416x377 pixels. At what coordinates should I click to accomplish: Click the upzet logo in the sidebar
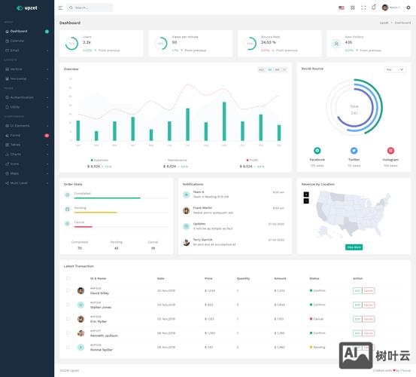[26, 8]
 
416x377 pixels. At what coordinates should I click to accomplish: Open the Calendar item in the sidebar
[17, 41]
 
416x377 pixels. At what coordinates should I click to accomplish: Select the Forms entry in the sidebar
[16, 135]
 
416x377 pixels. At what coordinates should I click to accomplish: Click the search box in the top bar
[90, 8]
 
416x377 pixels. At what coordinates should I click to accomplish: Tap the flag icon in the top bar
[342, 8]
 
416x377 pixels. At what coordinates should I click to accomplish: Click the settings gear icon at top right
[408, 8]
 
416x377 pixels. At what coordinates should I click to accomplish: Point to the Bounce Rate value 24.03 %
[268, 42]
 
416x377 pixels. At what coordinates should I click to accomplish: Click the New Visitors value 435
[348, 42]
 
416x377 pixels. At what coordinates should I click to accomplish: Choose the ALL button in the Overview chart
[261, 69]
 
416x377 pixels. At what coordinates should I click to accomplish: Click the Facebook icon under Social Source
[317, 150]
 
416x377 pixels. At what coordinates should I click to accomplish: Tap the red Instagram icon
[390, 150]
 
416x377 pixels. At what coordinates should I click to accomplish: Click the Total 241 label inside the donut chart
[354, 109]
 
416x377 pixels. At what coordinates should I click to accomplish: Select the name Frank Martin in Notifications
[202, 207]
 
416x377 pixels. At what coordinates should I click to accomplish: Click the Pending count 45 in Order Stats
[116, 248]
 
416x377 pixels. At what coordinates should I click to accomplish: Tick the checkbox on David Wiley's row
[68, 290]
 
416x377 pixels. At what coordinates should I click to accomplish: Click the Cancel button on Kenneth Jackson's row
[368, 333]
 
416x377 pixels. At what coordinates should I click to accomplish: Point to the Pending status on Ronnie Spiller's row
[318, 347]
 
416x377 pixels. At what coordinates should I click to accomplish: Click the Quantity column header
[243, 278]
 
